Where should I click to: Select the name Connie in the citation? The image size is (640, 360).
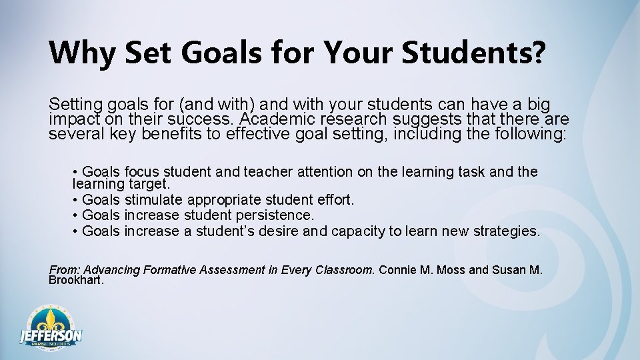pyautogui.click(x=399, y=270)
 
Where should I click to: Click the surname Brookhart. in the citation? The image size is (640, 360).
pyautogui.click(x=77, y=280)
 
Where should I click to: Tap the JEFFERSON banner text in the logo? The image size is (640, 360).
pyautogui.click(x=51, y=335)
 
